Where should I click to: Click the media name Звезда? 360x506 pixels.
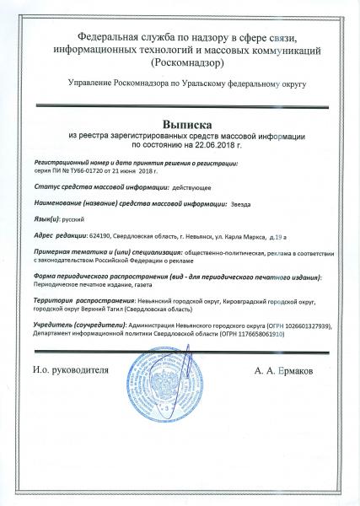240,203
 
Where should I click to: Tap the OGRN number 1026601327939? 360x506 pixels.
305,326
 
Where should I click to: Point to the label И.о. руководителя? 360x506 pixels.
71,370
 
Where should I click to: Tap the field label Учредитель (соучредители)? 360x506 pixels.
75,326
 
